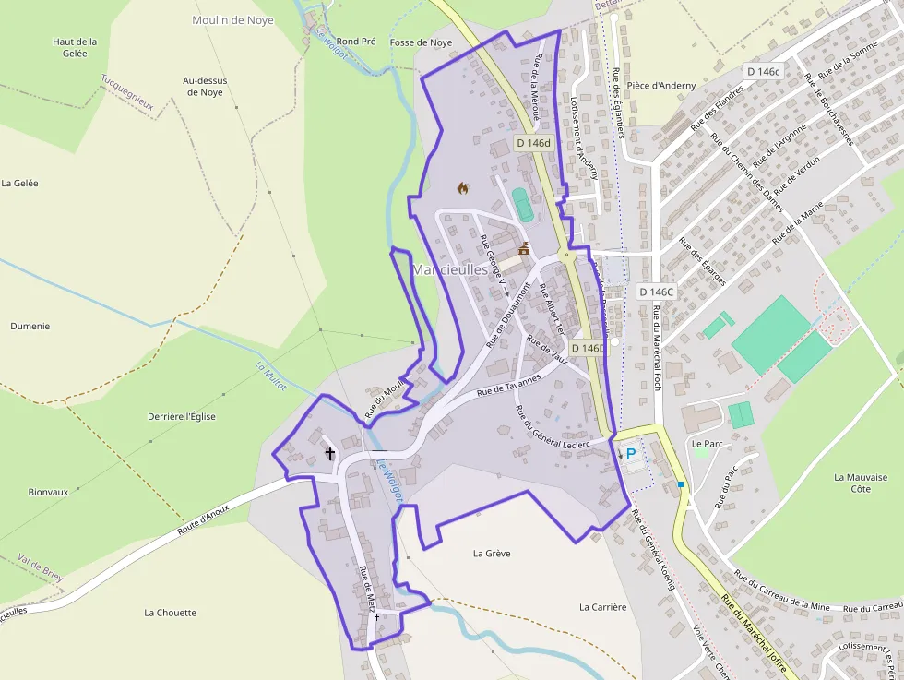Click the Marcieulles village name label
[451, 269]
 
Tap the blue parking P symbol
[631, 454]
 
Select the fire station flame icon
[463, 188]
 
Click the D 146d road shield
[532, 143]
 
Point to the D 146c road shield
[763, 71]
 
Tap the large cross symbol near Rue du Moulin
[330, 453]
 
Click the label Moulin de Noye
[232, 20]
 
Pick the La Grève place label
[492, 554]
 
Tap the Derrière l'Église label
[182, 416]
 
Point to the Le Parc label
[708, 444]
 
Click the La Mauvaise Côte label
[861, 483]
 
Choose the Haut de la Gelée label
[75, 47]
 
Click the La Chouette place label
[171, 613]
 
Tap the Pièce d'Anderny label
[661, 86]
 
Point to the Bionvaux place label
[48, 492]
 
